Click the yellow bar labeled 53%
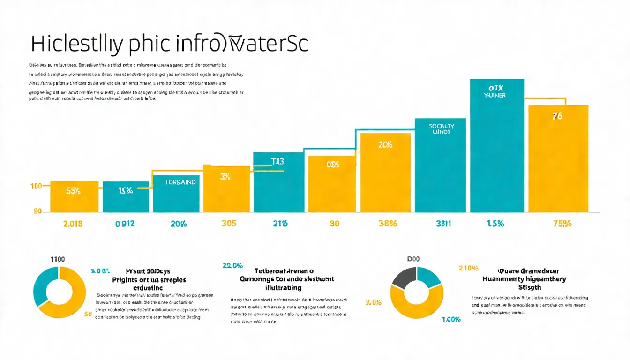coord(74,196)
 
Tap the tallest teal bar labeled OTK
coord(497,145)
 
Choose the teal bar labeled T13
coord(278,182)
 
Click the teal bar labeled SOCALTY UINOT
coord(441,165)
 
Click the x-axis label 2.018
coord(73,224)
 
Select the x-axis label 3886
coord(387,224)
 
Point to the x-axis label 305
coord(228,224)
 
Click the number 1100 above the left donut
coord(57,259)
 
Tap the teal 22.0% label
coord(232,266)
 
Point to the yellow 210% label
coord(468,268)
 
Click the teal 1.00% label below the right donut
coord(451,319)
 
